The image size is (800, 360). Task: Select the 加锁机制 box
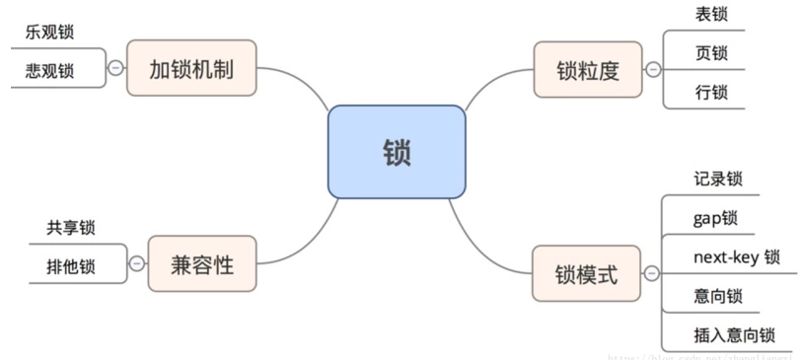[x=191, y=68]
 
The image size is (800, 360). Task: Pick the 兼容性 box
[x=203, y=263]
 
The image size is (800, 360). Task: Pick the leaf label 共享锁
[x=70, y=228]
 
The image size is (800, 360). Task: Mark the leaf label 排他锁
[x=70, y=264]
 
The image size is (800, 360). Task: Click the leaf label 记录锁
[x=718, y=180]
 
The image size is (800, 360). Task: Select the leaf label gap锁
[x=715, y=217]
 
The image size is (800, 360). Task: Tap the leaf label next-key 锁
[x=736, y=256]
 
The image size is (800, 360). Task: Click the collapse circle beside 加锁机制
[x=115, y=68]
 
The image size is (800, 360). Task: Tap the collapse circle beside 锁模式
[x=650, y=273]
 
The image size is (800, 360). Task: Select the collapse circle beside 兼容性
[x=136, y=263]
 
